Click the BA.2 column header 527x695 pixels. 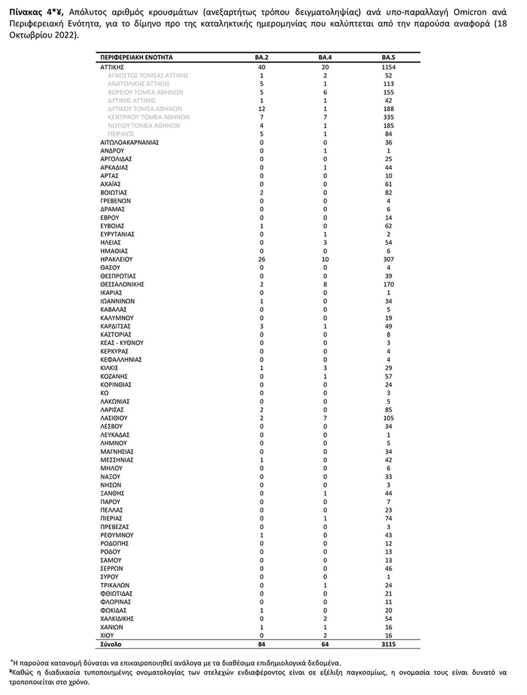(x=262, y=58)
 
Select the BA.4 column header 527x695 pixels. (x=325, y=58)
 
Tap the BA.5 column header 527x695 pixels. (x=389, y=58)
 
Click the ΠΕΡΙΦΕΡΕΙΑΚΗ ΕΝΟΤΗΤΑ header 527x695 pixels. (x=137, y=58)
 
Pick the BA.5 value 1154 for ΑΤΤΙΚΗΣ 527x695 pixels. (x=389, y=67)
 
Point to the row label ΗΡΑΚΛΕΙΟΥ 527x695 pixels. (x=116, y=259)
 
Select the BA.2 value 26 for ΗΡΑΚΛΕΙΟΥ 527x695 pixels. (x=262, y=259)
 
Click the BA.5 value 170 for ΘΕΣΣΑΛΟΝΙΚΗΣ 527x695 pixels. (x=389, y=284)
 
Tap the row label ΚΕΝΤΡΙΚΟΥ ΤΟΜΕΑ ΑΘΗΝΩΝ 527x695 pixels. (x=149, y=117)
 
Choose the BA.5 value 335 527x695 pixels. (x=389, y=117)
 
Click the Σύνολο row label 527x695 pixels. (x=111, y=644)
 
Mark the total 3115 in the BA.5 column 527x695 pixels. (x=389, y=644)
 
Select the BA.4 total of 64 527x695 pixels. (x=325, y=644)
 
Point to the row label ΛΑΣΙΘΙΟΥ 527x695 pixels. (x=114, y=418)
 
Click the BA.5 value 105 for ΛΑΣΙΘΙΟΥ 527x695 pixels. (x=389, y=418)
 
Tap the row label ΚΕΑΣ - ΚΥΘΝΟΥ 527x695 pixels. (x=122, y=343)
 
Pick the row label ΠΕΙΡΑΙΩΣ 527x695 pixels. (x=121, y=134)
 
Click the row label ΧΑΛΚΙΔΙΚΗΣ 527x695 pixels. (x=117, y=619)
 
